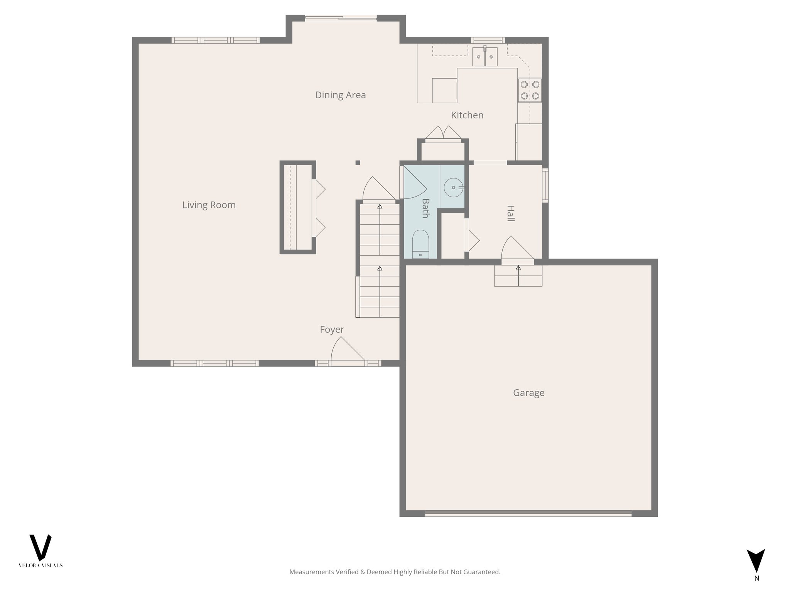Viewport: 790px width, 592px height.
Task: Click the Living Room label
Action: click(x=209, y=205)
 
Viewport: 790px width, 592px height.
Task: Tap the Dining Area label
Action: click(x=340, y=95)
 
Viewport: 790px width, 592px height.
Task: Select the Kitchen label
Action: click(x=467, y=115)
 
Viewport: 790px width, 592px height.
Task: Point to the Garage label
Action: click(x=528, y=393)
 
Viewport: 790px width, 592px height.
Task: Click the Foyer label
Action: click(x=332, y=330)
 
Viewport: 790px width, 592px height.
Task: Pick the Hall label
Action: click(x=510, y=214)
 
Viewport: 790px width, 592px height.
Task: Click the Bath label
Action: click(x=425, y=208)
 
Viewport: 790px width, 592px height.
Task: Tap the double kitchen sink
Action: click(x=485, y=57)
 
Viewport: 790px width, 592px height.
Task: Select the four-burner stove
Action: click(x=530, y=90)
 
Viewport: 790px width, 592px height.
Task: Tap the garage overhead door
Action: click(x=528, y=513)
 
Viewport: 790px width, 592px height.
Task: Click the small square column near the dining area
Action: click(x=358, y=163)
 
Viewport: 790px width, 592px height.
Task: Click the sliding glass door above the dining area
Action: click(x=341, y=18)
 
